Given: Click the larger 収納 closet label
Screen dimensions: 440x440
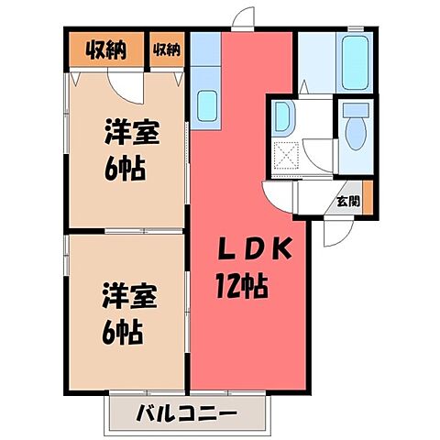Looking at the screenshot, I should coord(106,48).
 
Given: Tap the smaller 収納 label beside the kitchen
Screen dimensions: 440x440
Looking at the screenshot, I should coord(166,48).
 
